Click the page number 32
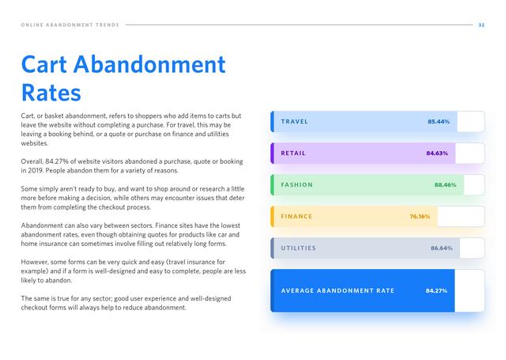coord(481,25)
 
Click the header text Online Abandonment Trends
coord(70,25)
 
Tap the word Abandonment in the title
coord(149,64)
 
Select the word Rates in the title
coord(51,93)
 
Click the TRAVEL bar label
coord(294,121)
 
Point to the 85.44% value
coord(439,121)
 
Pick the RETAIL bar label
coord(293,153)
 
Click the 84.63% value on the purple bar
coord(437,153)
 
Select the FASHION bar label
coord(297,184)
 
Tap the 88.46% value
coord(445,184)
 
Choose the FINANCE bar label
coord(296,216)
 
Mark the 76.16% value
coord(420,216)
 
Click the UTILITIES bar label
coord(299,248)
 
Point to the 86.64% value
coord(441,248)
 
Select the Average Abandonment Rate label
coord(338,290)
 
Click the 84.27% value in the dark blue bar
coord(436,290)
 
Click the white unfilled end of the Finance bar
coord(460,216)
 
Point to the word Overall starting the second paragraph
coord(32,161)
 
